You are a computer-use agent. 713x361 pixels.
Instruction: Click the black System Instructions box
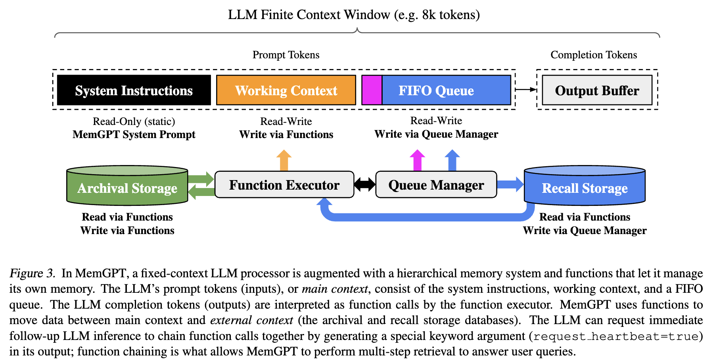[x=134, y=90]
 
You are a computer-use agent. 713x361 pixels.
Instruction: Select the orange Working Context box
[x=286, y=90]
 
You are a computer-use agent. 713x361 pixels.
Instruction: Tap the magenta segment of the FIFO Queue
[x=372, y=90]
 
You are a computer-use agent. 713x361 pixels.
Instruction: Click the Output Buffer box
[x=597, y=90]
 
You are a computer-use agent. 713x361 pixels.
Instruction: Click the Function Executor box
[x=284, y=185]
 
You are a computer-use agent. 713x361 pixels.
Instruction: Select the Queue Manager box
[x=436, y=185]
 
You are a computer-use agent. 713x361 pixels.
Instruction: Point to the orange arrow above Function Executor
[x=284, y=160]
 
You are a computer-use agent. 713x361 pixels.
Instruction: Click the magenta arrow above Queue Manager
[x=417, y=160]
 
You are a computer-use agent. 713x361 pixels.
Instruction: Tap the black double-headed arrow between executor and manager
[x=365, y=184]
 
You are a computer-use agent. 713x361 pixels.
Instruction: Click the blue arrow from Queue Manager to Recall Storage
[x=510, y=184]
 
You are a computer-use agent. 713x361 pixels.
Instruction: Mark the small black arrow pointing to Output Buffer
[x=526, y=90]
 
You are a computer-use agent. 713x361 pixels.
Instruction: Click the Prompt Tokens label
[x=286, y=55]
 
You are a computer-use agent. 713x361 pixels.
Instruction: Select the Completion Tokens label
[x=594, y=55]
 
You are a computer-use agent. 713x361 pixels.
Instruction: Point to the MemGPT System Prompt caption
[x=134, y=134]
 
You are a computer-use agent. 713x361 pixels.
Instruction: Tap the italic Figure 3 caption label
[x=32, y=273]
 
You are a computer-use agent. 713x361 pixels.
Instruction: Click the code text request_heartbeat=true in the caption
[x=615, y=336]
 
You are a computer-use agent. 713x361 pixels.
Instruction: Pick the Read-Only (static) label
[x=134, y=121]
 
